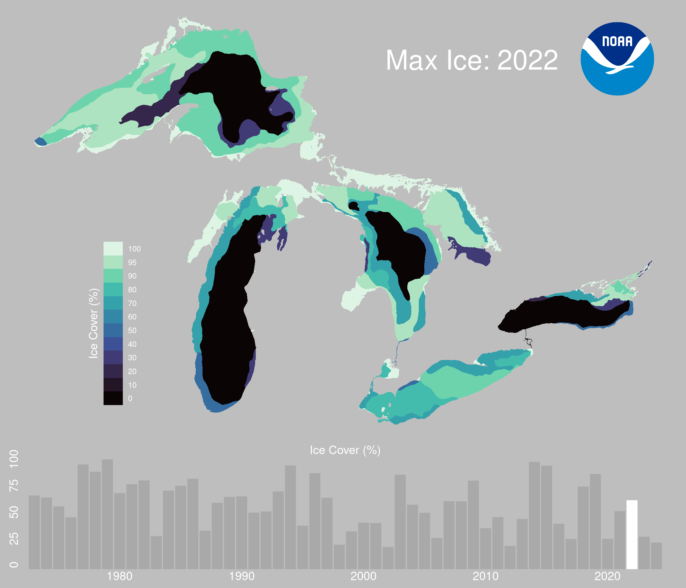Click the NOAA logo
tap(617, 59)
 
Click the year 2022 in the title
tap(528, 60)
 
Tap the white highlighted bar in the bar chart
tap(632, 535)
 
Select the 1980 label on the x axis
tap(120, 577)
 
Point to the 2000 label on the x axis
tap(363, 577)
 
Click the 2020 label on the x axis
tap(607, 577)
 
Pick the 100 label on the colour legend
tap(134, 249)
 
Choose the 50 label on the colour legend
tap(132, 330)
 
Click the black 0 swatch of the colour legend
tap(113, 398)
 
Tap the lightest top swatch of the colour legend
tap(113, 249)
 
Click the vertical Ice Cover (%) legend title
tap(94, 323)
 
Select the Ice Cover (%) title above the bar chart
tap(345, 450)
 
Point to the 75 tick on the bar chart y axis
tap(14, 485)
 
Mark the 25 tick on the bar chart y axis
tap(14, 539)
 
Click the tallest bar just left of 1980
tap(107, 514)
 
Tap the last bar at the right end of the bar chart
tap(656, 556)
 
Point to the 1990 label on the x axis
tap(242, 577)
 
